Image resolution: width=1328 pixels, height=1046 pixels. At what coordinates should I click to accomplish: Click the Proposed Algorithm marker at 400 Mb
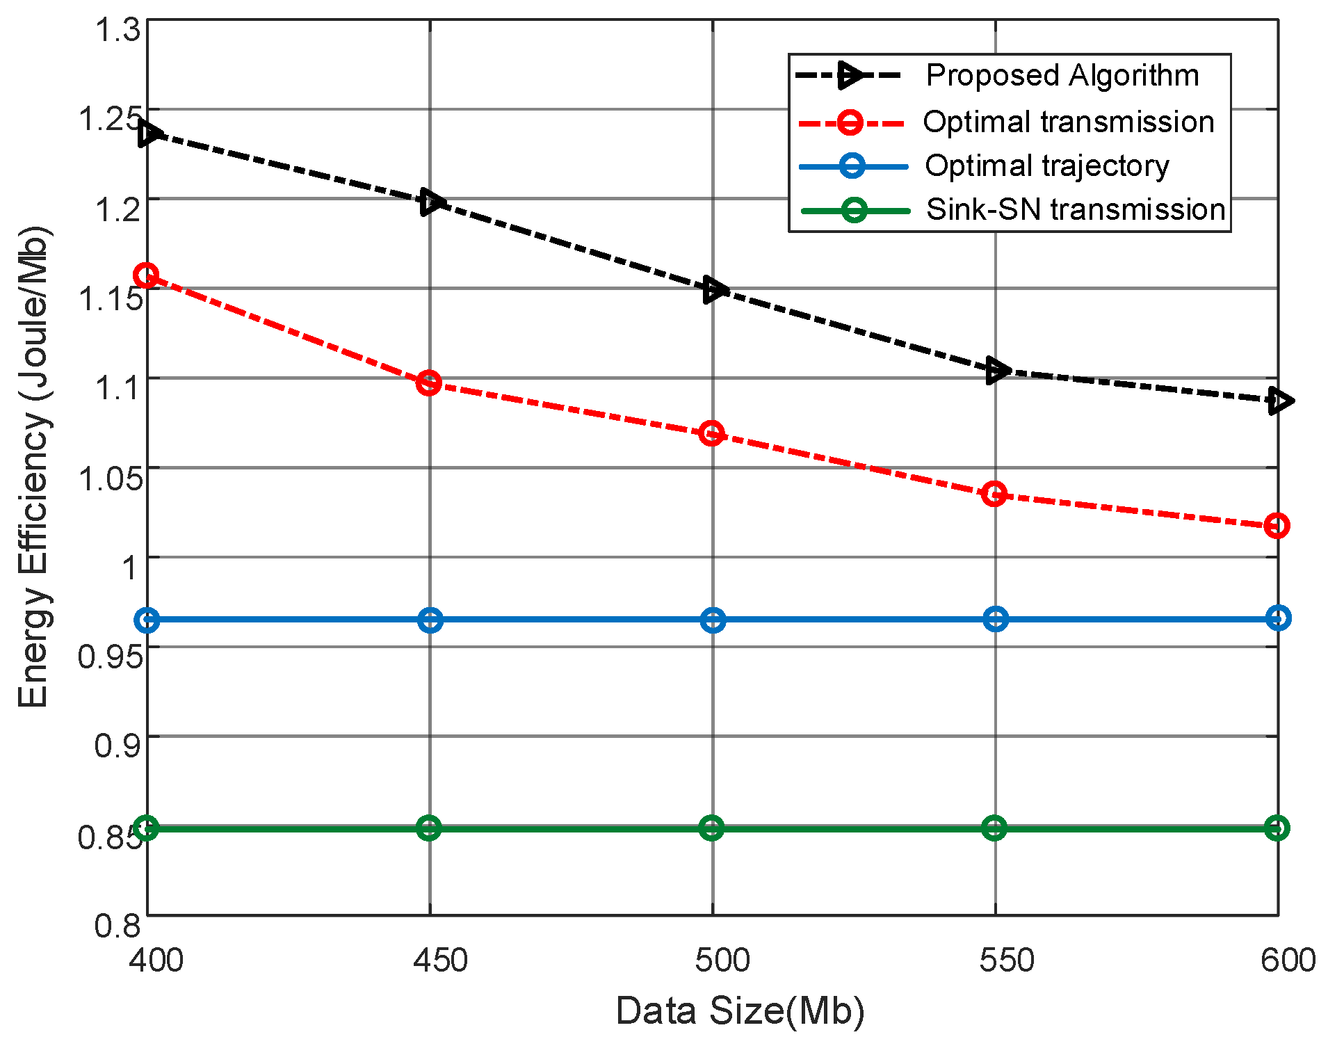(149, 134)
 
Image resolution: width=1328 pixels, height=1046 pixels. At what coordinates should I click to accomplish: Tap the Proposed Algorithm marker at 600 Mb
(1278, 401)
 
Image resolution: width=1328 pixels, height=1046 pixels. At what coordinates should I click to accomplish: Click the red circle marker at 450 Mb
(429, 383)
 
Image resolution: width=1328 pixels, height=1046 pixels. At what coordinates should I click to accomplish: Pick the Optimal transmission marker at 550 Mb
(994, 494)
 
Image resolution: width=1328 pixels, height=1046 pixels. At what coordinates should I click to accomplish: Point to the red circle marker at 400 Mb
(146, 275)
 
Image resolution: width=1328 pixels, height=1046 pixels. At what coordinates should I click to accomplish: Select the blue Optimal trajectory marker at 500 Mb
(713, 619)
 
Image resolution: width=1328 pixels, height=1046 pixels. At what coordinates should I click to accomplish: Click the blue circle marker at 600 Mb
(1278, 618)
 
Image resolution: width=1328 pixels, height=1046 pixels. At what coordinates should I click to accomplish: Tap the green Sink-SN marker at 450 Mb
(429, 828)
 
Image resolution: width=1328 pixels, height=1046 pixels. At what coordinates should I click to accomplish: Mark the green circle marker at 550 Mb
(994, 828)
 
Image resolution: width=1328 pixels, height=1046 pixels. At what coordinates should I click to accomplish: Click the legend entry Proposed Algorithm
(1062, 75)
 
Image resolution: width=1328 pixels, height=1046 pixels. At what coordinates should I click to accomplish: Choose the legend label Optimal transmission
(1068, 122)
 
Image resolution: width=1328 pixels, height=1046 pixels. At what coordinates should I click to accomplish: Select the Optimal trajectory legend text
(1046, 166)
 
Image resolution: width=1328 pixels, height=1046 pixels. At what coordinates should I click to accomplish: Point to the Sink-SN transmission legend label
(1075, 209)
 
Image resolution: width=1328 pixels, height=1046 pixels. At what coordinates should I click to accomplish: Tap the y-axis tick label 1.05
(110, 478)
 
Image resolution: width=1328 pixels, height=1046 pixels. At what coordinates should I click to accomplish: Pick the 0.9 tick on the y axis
(117, 746)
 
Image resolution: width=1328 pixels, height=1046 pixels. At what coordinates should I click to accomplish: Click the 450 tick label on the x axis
(439, 960)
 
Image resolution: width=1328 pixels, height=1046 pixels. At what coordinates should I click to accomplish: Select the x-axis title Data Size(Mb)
(740, 1011)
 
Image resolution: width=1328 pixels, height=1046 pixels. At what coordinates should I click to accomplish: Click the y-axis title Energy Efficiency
(33, 466)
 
